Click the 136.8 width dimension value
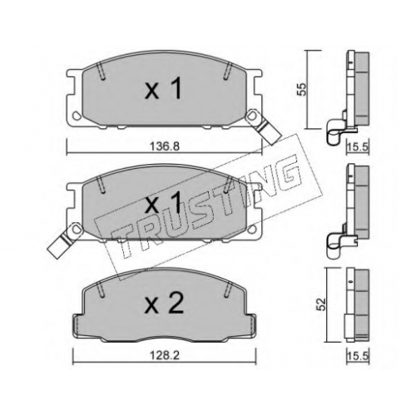[x=165, y=146]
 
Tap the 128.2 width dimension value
[x=165, y=355]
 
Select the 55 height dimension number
[x=302, y=89]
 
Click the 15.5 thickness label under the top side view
[x=358, y=146]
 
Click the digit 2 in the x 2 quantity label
[x=176, y=304]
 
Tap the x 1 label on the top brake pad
[x=163, y=88]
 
